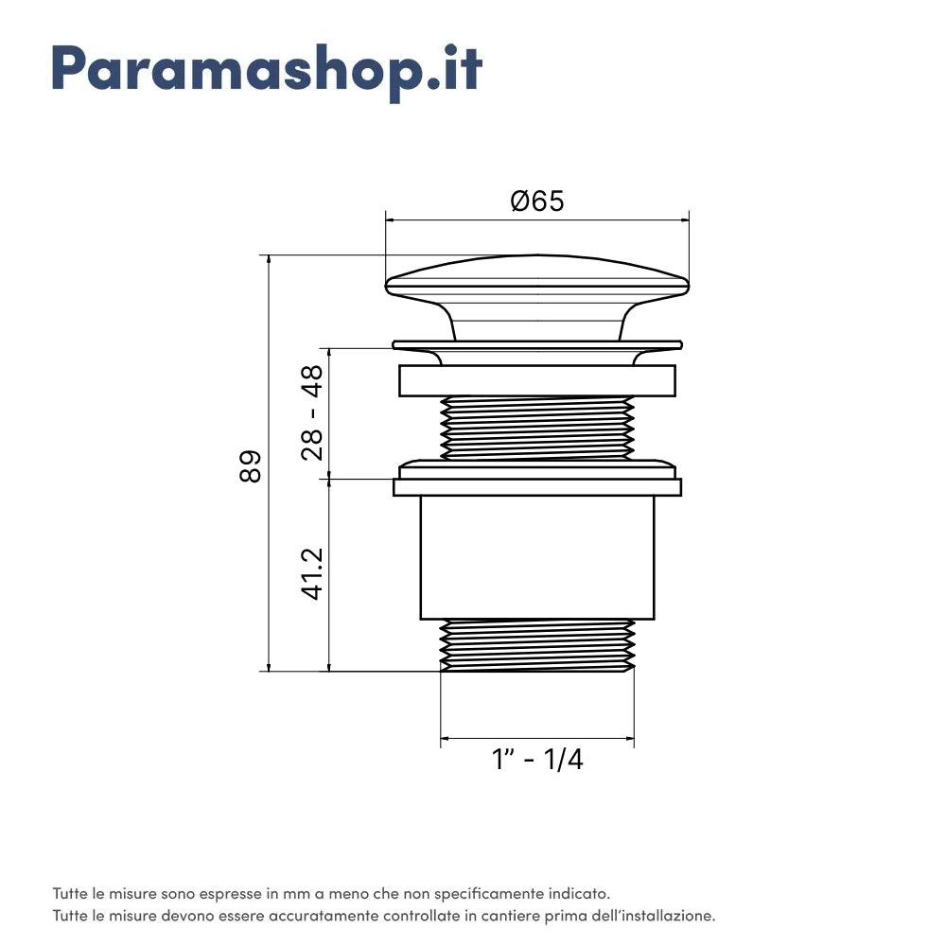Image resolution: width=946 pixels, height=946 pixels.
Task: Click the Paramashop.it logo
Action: click(x=267, y=72)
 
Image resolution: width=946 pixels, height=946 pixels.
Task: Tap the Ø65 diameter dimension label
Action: click(x=537, y=201)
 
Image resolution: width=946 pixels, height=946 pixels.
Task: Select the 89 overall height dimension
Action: click(x=251, y=466)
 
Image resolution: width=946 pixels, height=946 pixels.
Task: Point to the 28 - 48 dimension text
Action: click(x=312, y=412)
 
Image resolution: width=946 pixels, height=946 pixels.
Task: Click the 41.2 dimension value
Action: click(x=312, y=574)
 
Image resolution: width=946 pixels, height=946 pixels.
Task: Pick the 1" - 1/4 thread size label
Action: click(x=537, y=759)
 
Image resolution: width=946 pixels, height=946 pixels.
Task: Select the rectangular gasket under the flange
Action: click(x=537, y=380)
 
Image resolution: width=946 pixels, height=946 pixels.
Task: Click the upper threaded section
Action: click(x=537, y=428)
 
